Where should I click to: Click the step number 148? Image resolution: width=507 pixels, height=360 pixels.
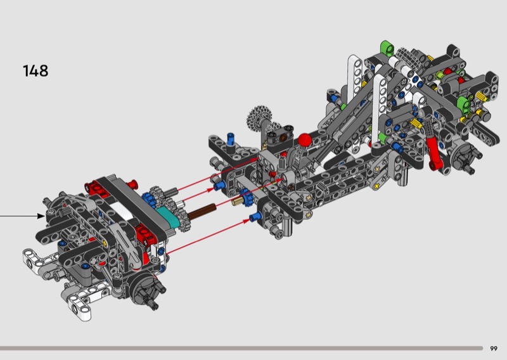tap(35, 71)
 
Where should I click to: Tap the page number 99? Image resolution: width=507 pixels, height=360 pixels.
tap(494, 349)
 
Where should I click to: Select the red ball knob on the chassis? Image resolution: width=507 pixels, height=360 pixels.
tap(305, 139)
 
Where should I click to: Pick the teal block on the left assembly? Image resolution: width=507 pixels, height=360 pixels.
tap(167, 217)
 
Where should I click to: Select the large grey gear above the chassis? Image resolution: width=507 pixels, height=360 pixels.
tap(259, 117)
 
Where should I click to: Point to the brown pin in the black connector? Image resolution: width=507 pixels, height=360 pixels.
tap(283, 138)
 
